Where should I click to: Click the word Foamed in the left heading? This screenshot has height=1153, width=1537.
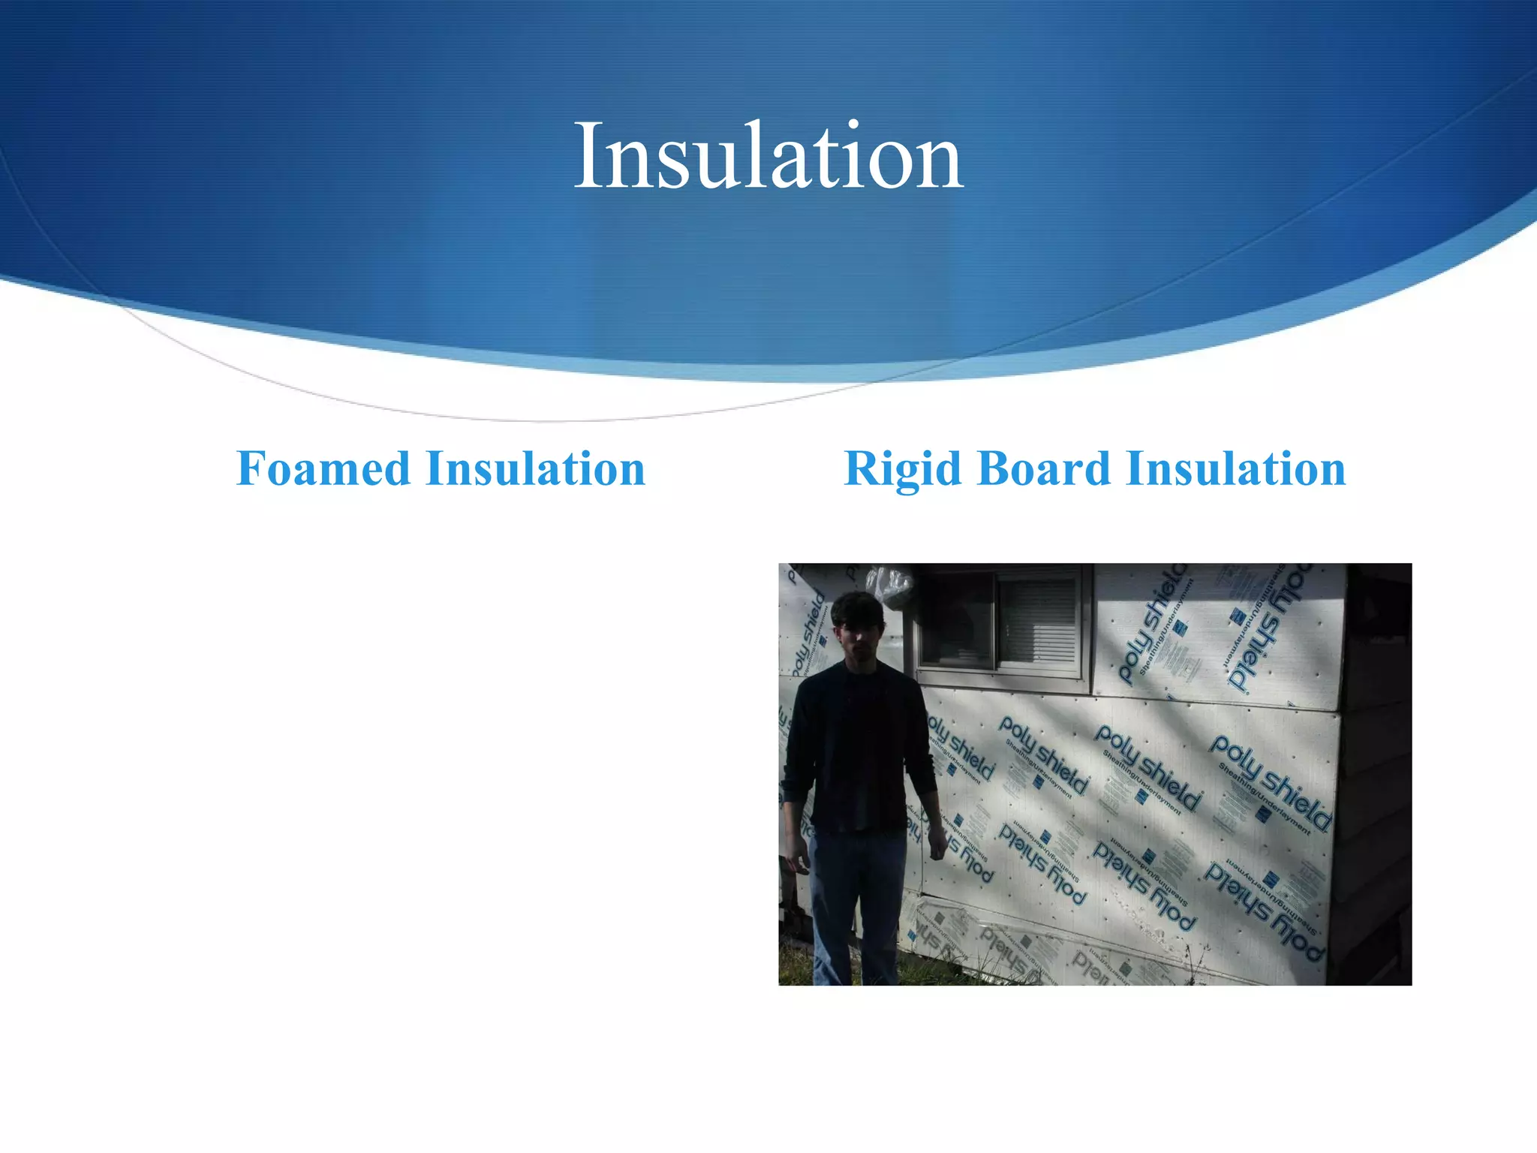[323, 469]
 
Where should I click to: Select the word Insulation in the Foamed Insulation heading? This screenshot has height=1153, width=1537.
[535, 469]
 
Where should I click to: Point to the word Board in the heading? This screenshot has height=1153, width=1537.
[1044, 469]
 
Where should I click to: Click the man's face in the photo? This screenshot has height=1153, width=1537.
[859, 638]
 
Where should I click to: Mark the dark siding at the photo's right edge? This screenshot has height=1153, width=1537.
[1377, 773]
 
